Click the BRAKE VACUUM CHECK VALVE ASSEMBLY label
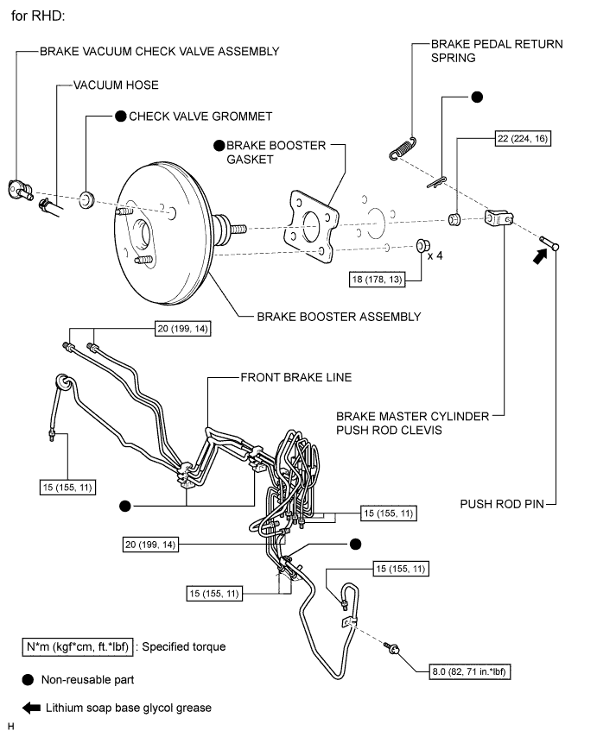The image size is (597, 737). point(159,51)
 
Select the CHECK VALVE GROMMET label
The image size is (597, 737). point(200,116)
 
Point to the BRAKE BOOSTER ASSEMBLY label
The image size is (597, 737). point(339,317)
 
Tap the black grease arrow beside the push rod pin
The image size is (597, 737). point(540,255)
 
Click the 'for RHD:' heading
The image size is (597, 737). point(39,16)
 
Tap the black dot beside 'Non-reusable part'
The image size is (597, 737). point(29,680)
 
